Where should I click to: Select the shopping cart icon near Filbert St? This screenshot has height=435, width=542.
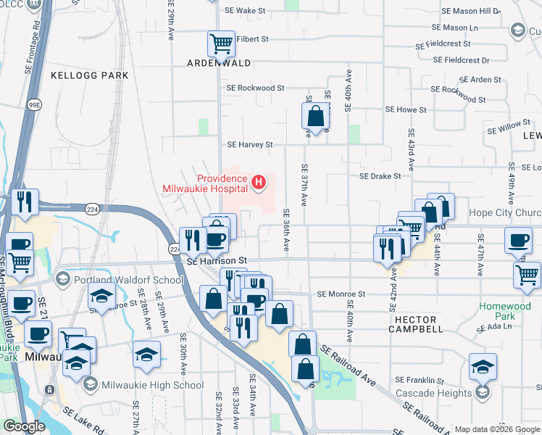click(x=221, y=43)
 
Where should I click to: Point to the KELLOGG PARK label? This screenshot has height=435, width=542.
click(x=90, y=75)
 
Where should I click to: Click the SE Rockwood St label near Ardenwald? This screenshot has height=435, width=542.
click(x=255, y=88)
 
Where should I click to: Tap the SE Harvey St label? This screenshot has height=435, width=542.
click(x=249, y=144)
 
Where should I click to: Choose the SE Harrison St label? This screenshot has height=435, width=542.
click(x=217, y=260)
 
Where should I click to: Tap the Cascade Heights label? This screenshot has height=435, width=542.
click(x=432, y=394)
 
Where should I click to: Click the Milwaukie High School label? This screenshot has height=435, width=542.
click(x=142, y=384)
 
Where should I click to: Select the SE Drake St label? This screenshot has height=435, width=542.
click(x=380, y=176)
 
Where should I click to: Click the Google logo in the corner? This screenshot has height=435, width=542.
click(x=25, y=426)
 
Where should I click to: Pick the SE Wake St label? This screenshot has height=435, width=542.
click(x=246, y=12)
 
